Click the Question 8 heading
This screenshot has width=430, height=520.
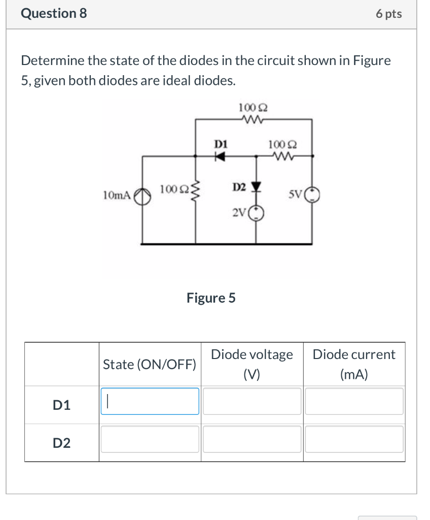[x=54, y=14]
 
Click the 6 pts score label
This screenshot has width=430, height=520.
[x=388, y=14]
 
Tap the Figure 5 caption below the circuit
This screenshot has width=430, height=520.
[x=211, y=298]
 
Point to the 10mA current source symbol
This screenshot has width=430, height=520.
[x=142, y=195]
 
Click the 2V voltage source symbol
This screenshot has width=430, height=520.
[x=257, y=213]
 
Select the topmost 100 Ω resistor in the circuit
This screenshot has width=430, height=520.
[x=253, y=120]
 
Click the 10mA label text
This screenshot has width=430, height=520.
[x=116, y=195]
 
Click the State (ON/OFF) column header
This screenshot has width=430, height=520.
[x=150, y=364]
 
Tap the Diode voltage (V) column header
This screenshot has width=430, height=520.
[x=252, y=364]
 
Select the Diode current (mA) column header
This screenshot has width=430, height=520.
[x=354, y=364]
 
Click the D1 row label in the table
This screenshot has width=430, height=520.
[x=62, y=405]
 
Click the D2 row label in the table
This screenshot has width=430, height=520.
[x=62, y=443]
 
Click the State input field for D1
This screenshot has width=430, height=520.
[x=150, y=401]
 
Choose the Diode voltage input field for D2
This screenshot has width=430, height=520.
[x=252, y=439]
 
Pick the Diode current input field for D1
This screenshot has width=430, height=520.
[x=354, y=401]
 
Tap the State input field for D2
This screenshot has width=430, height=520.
[x=150, y=439]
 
